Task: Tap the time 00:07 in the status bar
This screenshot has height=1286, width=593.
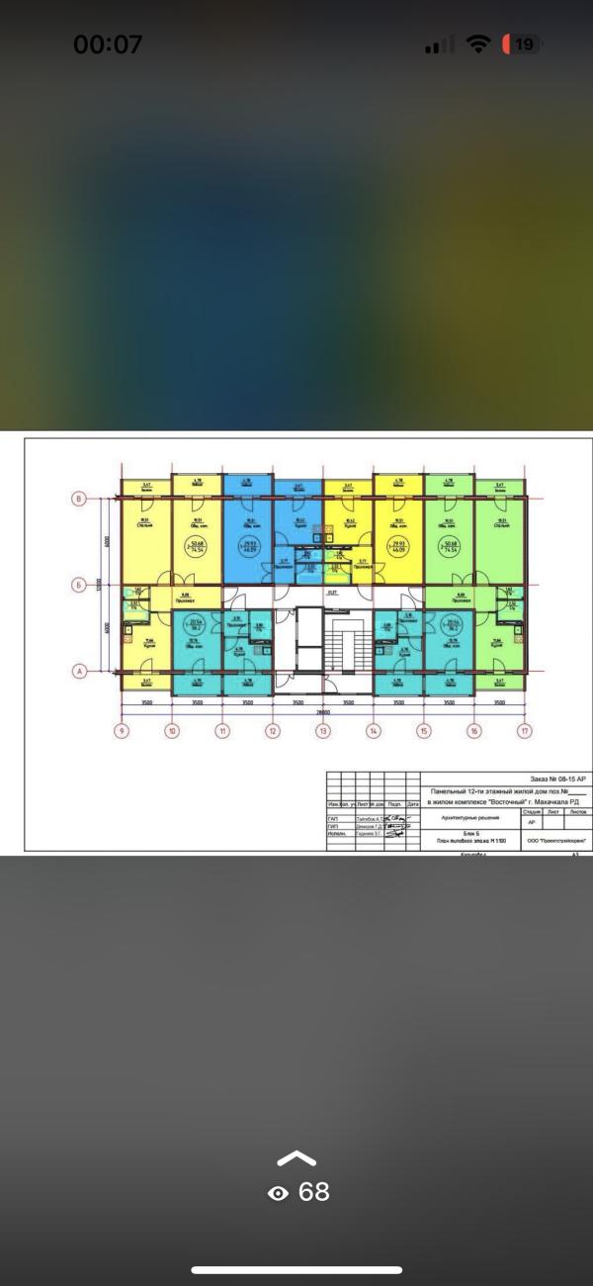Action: tap(108, 45)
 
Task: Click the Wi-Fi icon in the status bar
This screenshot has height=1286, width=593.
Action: tap(479, 45)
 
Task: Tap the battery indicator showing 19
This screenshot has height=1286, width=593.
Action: tap(520, 45)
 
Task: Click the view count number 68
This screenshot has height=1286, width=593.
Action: tap(313, 1192)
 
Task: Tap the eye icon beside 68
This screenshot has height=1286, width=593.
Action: tap(279, 1194)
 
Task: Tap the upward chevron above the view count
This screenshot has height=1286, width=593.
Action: tap(297, 1158)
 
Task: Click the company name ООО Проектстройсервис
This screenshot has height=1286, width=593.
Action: tap(556, 840)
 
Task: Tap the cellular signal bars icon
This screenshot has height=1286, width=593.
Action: tap(439, 46)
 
